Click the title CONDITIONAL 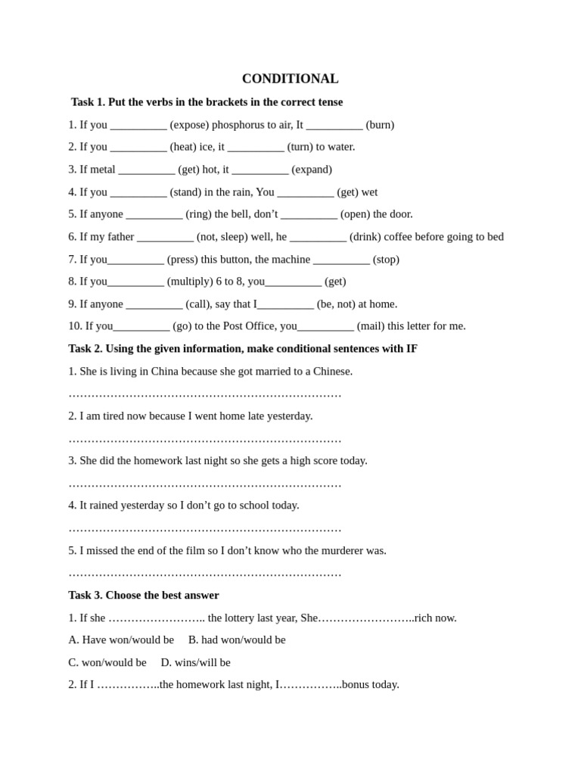290,79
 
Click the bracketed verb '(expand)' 312,170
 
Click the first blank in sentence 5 154,214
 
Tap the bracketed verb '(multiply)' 190,282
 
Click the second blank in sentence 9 286,304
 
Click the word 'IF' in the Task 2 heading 412,349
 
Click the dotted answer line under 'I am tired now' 205,439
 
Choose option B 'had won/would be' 237,640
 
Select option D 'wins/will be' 195,663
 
